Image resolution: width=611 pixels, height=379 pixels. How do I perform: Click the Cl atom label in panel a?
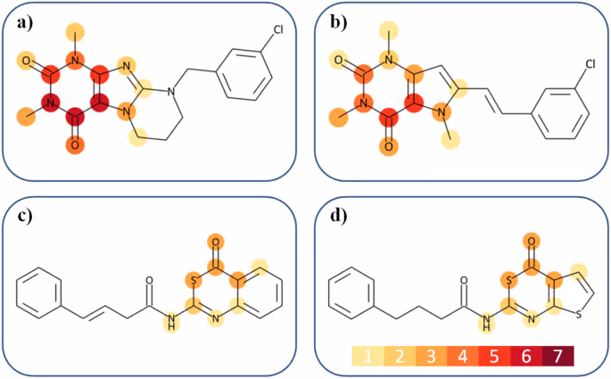pyautogui.click(x=279, y=29)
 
